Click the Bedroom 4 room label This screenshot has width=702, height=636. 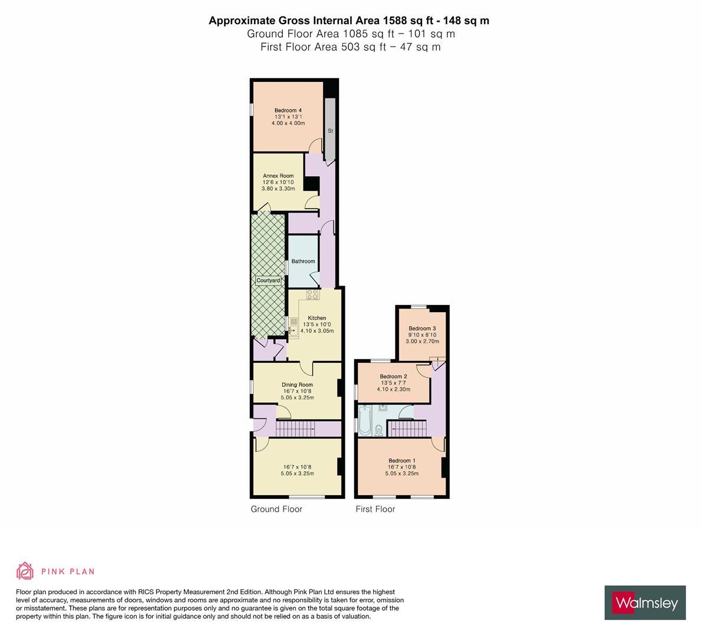[288, 111]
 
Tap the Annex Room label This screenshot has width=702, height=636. [278, 175]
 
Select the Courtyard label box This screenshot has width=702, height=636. [268, 280]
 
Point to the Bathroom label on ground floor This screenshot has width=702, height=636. [303, 261]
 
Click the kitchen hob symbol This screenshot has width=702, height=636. [313, 294]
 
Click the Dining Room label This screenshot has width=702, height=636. [297, 385]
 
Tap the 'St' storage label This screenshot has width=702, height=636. [331, 131]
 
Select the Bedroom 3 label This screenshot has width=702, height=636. [422, 328]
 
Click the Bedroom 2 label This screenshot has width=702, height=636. [393, 376]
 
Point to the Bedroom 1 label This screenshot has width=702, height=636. [402, 461]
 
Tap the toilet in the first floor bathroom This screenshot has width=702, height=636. [379, 430]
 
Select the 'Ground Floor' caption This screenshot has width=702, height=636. [276, 509]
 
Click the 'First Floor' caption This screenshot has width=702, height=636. [375, 509]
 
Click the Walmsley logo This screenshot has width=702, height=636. [645, 603]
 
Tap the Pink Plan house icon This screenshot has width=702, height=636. [25, 571]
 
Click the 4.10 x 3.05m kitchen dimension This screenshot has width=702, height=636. [317, 331]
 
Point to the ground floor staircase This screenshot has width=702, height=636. [295, 429]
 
